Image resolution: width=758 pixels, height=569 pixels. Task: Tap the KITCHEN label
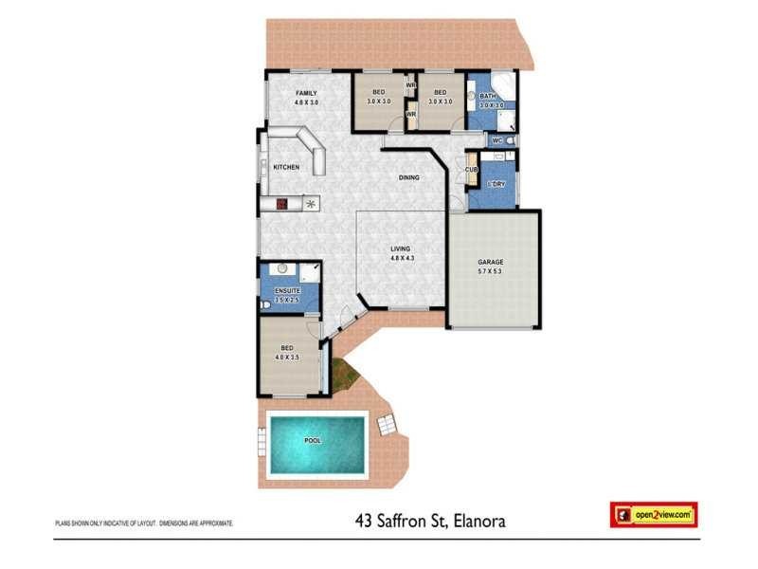tap(286, 167)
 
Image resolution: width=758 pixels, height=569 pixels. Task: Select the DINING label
tap(409, 177)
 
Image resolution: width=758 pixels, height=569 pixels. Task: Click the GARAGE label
tap(491, 262)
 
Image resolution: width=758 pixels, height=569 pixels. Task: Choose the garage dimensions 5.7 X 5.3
tap(491, 271)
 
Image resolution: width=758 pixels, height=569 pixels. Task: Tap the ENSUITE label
tap(287, 290)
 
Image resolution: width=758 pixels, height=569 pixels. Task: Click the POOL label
tap(313, 442)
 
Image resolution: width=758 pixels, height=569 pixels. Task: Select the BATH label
tap(489, 97)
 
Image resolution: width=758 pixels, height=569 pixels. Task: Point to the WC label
tap(496, 140)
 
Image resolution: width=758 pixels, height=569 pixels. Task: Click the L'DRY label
tap(494, 183)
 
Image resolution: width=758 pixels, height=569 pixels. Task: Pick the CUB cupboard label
tap(471, 170)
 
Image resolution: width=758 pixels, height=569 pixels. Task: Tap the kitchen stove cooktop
tap(282, 203)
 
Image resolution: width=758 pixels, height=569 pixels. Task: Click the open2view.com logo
tap(654, 515)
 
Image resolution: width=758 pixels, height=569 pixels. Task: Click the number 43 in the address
tap(364, 521)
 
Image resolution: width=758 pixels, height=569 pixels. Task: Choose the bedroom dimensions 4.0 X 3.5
tap(287, 358)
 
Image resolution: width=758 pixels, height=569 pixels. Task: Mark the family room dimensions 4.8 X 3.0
tap(305, 101)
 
